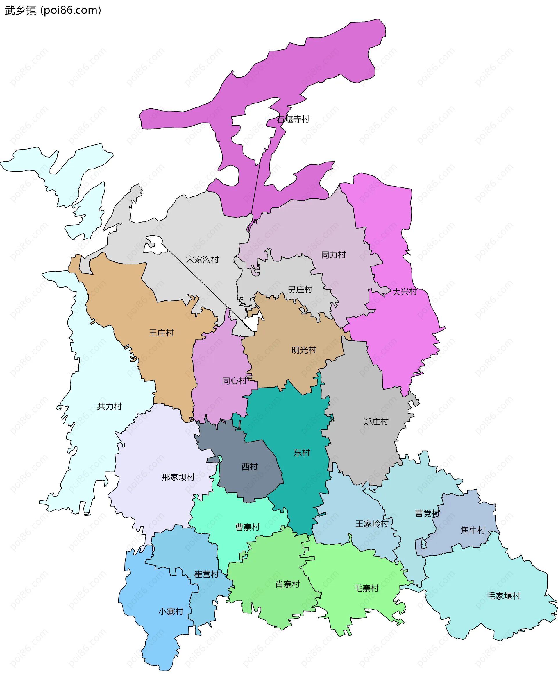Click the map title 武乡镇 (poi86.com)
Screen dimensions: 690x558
53,10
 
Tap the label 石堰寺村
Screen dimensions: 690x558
293,119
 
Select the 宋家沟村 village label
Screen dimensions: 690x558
202,259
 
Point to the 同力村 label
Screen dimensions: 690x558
333,255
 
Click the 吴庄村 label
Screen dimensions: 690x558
300,289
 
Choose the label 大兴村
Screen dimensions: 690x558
404,292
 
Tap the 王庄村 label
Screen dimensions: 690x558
161,333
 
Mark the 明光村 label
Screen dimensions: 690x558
304,350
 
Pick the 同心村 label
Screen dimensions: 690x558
234,381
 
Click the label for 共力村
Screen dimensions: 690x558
109,406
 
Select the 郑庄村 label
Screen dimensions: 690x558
376,422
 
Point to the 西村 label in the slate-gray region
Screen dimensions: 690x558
249,466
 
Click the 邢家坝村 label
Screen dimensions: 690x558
178,477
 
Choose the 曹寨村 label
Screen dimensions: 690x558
247,527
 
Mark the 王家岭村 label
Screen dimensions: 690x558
372,524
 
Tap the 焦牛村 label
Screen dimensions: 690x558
473,530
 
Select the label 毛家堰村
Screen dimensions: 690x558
503,596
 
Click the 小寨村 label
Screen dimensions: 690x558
171,612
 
